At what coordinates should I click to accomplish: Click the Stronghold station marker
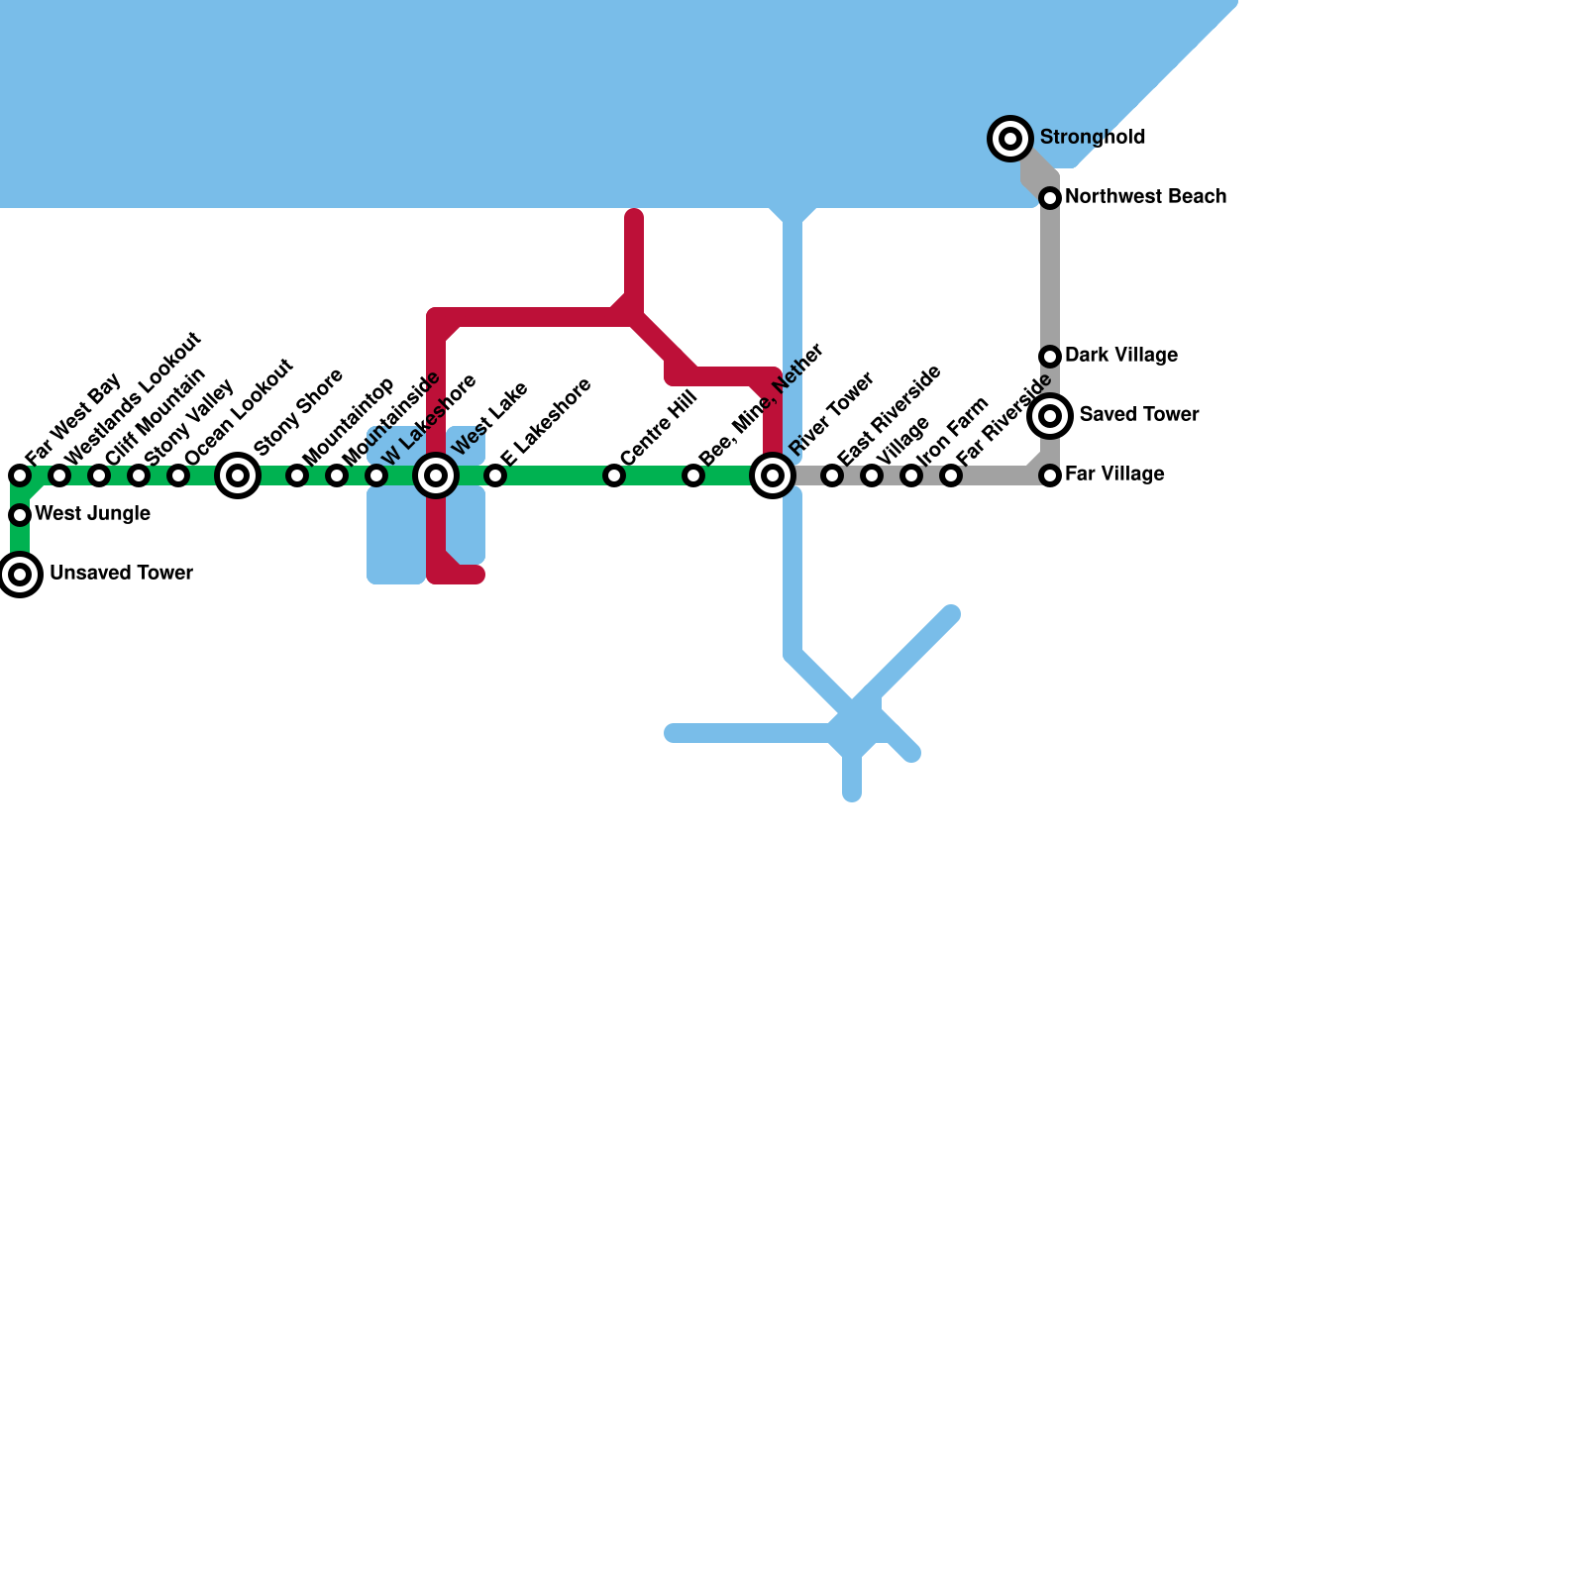pyautogui.click(x=1010, y=139)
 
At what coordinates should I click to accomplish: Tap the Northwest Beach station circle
pyautogui.click(x=1050, y=198)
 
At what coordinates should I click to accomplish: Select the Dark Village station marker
pyautogui.click(x=1050, y=357)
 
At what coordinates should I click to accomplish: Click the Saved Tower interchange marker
pyautogui.click(x=1050, y=416)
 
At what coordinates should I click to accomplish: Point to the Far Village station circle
pyautogui.click(x=1050, y=475)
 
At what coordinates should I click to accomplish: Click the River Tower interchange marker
pyautogui.click(x=773, y=475)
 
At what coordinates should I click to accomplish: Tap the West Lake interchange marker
pyautogui.click(x=436, y=475)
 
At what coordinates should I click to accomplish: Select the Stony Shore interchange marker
pyautogui.click(x=238, y=475)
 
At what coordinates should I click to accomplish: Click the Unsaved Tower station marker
pyautogui.click(x=20, y=575)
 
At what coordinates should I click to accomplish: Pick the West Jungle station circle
pyautogui.click(x=20, y=515)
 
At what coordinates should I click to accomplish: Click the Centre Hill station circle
pyautogui.click(x=614, y=475)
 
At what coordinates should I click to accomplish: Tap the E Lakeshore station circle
pyautogui.click(x=495, y=475)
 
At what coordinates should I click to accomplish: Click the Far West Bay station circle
pyautogui.click(x=20, y=475)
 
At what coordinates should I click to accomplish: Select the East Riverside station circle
pyautogui.click(x=832, y=475)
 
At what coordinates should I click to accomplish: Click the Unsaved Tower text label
pyautogui.click(x=121, y=574)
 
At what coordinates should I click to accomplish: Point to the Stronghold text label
pyautogui.click(x=1093, y=138)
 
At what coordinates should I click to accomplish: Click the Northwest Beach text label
pyautogui.click(x=1145, y=197)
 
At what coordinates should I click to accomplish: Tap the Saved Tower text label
pyautogui.click(x=1139, y=415)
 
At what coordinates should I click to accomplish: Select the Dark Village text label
pyautogui.click(x=1121, y=356)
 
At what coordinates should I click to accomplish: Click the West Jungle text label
pyautogui.click(x=92, y=514)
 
